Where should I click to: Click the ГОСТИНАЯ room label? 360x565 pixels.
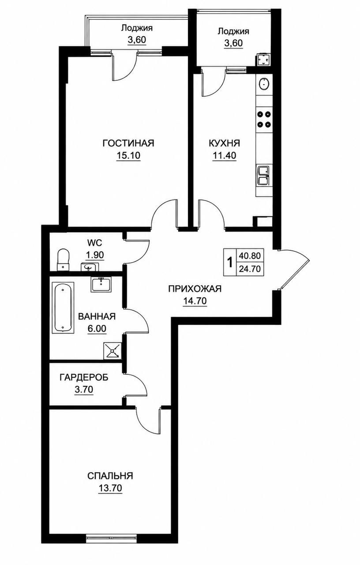[128, 143]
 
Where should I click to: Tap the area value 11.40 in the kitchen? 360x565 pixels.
[225, 156]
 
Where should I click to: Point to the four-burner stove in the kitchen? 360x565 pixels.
[264, 119]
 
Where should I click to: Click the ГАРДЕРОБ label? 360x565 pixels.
[84, 377]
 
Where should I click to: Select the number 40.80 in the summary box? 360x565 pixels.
[250, 256]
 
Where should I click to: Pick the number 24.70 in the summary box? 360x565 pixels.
[250, 269]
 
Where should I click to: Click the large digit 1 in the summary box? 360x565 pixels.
[230, 263]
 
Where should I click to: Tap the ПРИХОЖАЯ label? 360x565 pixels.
[195, 289]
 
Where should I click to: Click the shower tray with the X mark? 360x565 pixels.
[112, 350]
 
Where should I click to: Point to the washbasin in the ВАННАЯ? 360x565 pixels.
[101, 284]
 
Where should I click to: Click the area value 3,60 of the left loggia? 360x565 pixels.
[137, 40]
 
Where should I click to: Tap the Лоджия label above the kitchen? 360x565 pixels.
[233, 31]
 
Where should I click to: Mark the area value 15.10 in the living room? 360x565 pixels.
[128, 156]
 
